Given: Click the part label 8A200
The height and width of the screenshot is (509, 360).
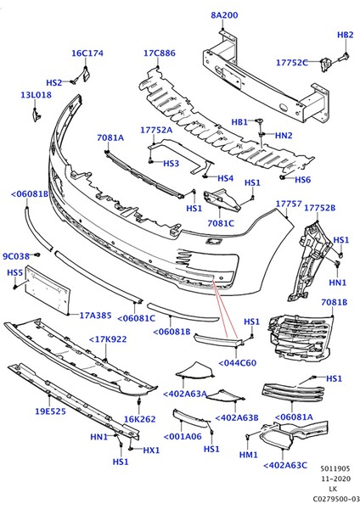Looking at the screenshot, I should pyautogui.click(x=224, y=15).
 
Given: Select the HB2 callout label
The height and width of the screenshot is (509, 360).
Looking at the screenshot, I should pyautogui.click(x=346, y=35).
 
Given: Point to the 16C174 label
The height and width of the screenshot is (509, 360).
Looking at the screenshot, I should pyautogui.click(x=87, y=53).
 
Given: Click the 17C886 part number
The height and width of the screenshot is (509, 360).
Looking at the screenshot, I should pyautogui.click(x=159, y=53).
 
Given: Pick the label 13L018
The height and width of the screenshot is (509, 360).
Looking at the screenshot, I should pyautogui.click(x=36, y=95).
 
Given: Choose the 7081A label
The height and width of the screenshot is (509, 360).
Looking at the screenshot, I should pyautogui.click(x=110, y=137).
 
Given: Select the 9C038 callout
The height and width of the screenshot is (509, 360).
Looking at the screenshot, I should pyautogui.click(x=15, y=255).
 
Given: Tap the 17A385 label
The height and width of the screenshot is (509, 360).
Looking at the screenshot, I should pyautogui.click(x=96, y=316).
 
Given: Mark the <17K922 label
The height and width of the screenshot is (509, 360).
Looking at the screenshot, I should pyautogui.click(x=108, y=339).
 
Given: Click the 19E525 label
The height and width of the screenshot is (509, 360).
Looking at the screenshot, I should pyautogui.click(x=50, y=411).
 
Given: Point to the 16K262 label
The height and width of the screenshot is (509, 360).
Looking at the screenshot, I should pyautogui.click(x=139, y=419).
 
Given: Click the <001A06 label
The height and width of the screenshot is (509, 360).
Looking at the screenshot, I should pyautogui.click(x=181, y=436).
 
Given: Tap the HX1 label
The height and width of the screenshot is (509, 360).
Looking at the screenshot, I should pyautogui.click(x=151, y=450).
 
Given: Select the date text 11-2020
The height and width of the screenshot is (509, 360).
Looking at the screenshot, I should pyautogui.click(x=332, y=478).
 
